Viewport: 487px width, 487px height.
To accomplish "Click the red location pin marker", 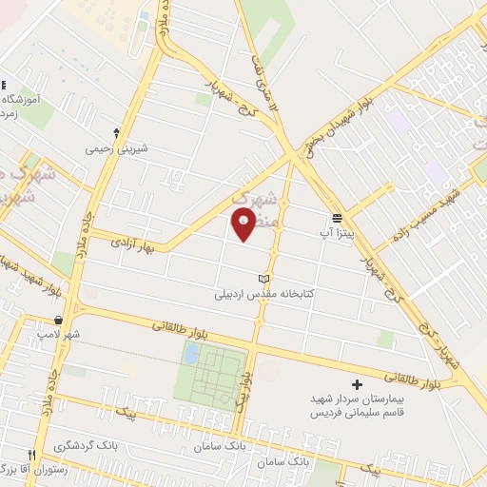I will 243,225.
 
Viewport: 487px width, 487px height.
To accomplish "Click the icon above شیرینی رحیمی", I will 116,133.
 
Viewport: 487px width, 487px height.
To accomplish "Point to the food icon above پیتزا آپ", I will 337,216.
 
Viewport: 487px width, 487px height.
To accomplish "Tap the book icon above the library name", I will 264,279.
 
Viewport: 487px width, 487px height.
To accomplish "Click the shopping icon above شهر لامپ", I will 60,321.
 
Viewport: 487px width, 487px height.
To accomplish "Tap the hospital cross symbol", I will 357,384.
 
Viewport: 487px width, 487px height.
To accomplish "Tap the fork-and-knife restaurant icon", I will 32,455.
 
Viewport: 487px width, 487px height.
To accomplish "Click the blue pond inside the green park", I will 191,355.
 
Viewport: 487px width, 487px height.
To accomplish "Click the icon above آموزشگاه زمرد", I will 3,84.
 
